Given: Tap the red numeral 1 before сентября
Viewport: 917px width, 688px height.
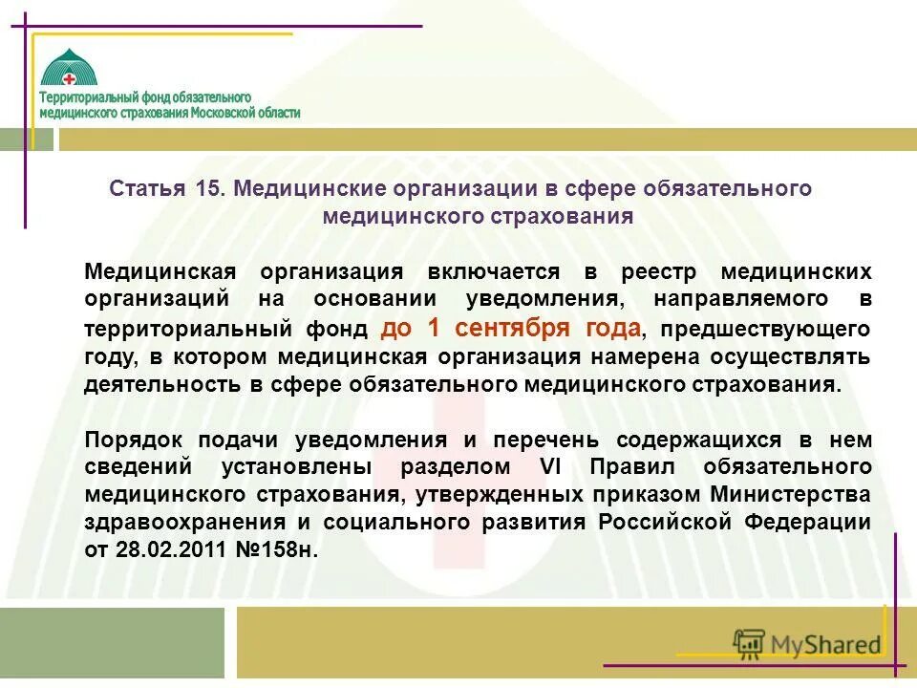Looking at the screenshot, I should [434, 329].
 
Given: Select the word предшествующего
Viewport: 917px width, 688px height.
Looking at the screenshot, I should [765, 330].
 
